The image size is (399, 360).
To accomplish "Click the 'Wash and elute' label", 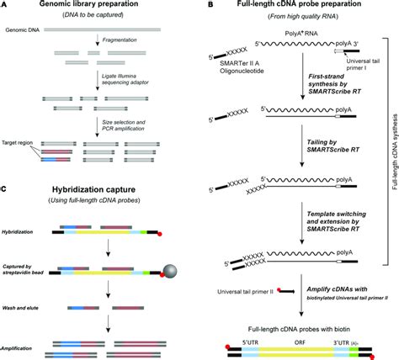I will [24, 310].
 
